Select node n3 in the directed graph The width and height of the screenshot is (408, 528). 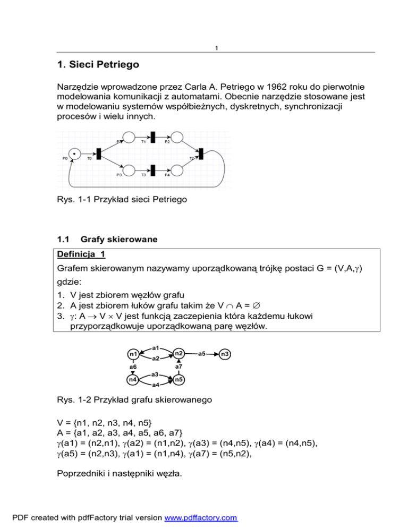pos(225,353)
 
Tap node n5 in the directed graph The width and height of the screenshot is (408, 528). pos(179,380)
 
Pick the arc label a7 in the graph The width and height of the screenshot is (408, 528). pos(179,367)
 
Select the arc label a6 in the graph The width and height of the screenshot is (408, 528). pos(133,367)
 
